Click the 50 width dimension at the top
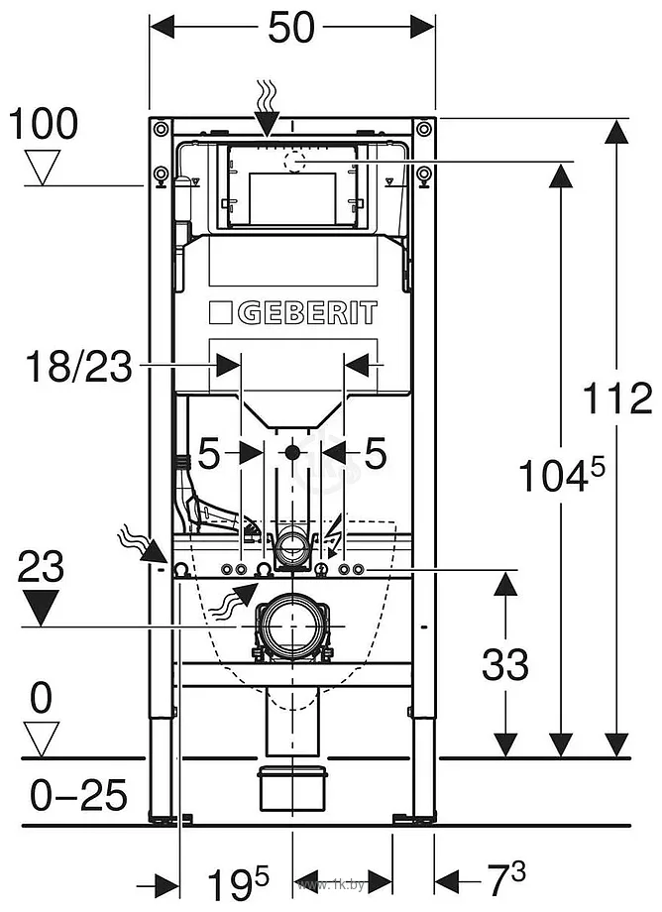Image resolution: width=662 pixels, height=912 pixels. pos(291,27)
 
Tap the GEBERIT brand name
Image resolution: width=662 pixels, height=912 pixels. pos(307,313)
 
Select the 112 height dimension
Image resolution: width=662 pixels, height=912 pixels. pos(617,398)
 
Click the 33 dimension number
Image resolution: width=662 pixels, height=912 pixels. pos(505,664)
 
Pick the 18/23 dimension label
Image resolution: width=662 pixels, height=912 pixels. pos(79,367)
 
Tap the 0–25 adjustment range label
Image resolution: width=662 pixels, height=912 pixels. pos(78,795)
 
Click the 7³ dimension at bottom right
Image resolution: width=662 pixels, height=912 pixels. pos(505,879)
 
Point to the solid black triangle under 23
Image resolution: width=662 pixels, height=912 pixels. pos(40,608)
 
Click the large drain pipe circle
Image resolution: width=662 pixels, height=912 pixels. pos(290,626)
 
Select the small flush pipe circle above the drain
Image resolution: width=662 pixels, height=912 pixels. pos(291,544)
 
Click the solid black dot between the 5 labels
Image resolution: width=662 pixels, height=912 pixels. pos(292,451)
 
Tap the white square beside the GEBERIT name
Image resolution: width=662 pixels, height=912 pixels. pos(221,313)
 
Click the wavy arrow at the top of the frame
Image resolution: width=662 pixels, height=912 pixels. pos(267,109)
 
